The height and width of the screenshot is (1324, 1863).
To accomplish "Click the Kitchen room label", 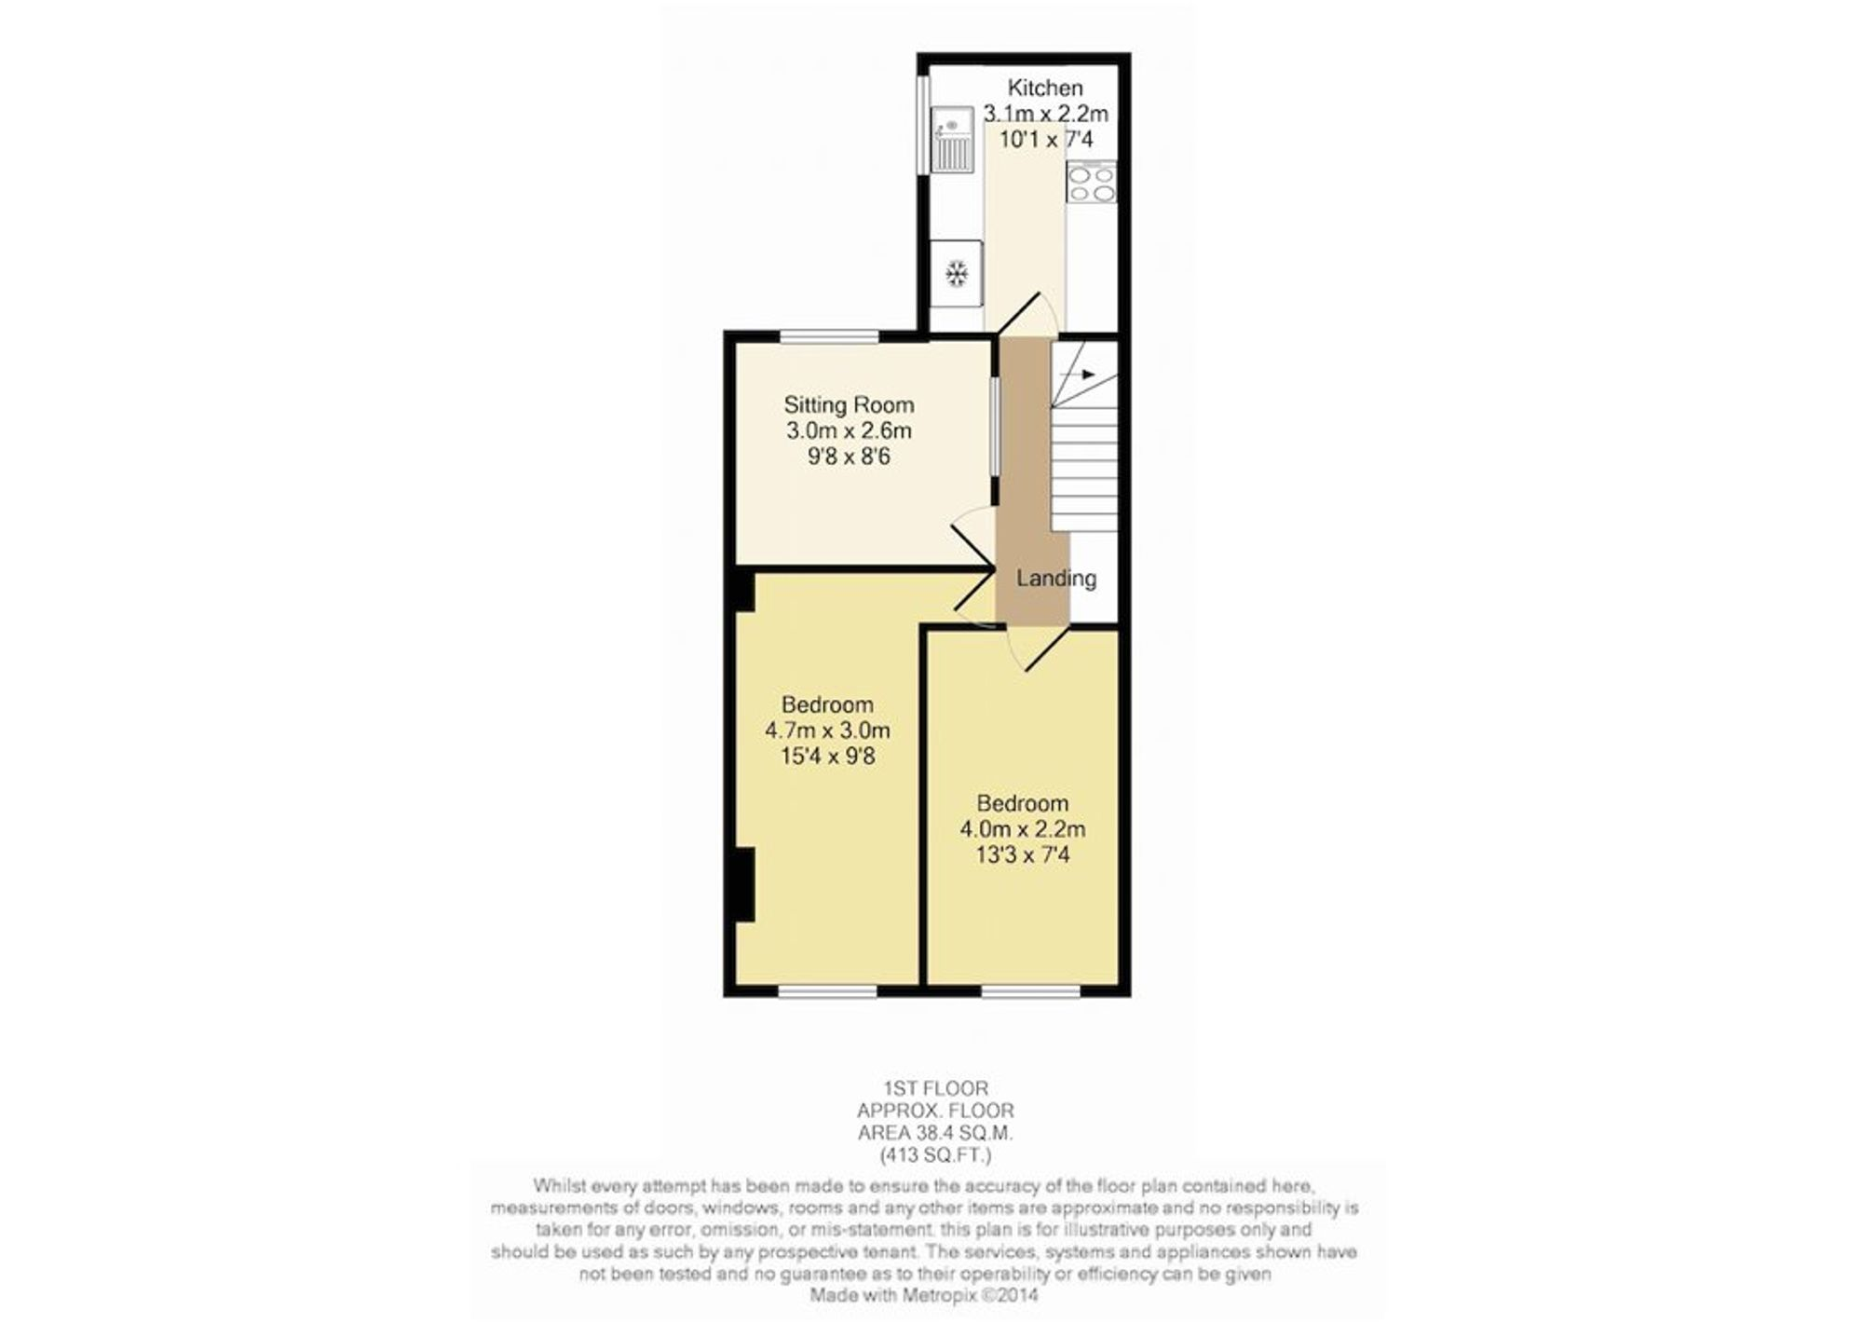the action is click(x=1045, y=89).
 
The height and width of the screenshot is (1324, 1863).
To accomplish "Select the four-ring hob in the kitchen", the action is click(x=1092, y=182).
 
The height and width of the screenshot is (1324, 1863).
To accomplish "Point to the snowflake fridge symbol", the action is click(x=957, y=273).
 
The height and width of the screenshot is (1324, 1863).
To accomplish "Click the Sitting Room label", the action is click(x=849, y=404).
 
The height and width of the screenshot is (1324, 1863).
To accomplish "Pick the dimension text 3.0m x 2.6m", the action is click(x=849, y=430).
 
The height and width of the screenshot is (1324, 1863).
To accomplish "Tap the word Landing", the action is click(x=1056, y=579).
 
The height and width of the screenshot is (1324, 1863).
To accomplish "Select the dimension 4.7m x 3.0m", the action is click(x=827, y=730).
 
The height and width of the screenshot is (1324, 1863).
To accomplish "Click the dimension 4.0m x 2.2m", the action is click(x=1023, y=828).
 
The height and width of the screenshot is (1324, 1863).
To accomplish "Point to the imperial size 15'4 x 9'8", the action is click(x=827, y=756).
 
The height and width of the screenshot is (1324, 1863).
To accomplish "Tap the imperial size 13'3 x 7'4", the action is click(x=1023, y=854).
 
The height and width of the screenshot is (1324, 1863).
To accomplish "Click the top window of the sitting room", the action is click(x=829, y=336).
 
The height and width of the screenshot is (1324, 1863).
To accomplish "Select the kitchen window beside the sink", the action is click(x=923, y=124).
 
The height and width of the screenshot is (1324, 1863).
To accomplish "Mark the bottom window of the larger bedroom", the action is click(x=828, y=991).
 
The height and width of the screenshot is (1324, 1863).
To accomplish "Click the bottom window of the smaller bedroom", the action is click(x=1030, y=991).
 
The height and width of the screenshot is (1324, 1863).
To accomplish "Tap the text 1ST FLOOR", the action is click(x=936, y=1087).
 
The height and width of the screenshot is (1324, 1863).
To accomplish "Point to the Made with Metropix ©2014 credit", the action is click(x=923, y=1295).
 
